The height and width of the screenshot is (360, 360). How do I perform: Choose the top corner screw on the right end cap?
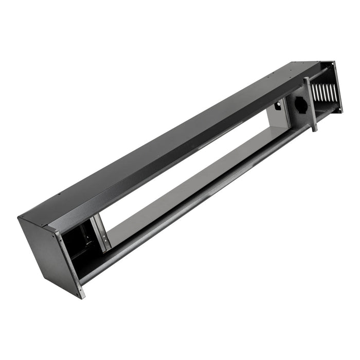(335, 64)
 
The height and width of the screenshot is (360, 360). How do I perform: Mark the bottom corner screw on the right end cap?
(340, 109)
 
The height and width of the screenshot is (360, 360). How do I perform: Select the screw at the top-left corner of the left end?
(21, 218)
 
